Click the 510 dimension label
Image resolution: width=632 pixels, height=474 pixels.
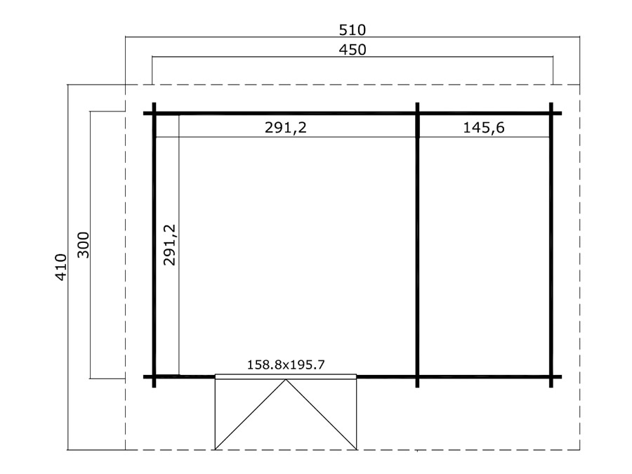tap(353, 29)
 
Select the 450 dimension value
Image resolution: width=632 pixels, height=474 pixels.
tap(353, 50)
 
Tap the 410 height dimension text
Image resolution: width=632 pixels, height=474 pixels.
tap(61, 268)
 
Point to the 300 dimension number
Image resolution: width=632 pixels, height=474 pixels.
tap(83, 244)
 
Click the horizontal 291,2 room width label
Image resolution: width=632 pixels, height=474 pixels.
tap(285, 127)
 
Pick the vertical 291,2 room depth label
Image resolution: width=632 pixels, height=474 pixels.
tap(170, 244)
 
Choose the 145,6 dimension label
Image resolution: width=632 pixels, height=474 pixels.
tap(483, 127)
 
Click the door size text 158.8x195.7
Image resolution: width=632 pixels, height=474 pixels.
tap(285, 364)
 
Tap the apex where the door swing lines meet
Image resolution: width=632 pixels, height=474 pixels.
tap(286, 380)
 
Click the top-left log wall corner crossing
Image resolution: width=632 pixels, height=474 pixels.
tap(154, 113)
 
